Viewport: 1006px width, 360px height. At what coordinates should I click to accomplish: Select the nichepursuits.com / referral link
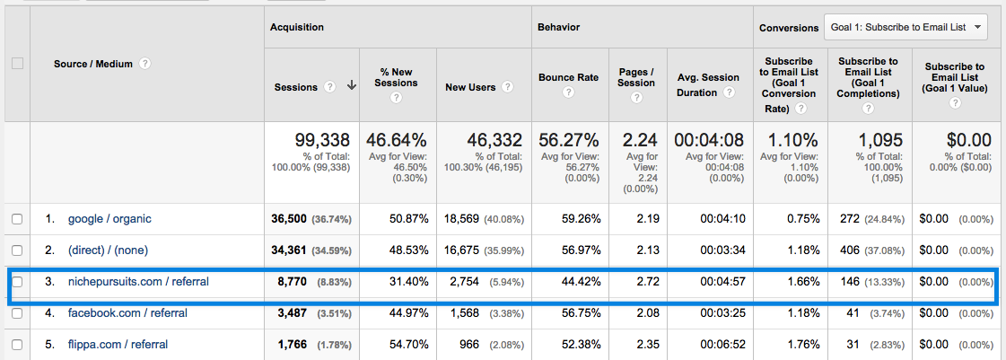[138, 282]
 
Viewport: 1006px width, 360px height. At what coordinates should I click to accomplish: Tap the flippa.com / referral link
[118, 344]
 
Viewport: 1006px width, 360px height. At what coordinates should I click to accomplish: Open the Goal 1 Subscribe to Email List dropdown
[905, 27]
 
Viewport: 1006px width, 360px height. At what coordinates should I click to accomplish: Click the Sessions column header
[295, 87]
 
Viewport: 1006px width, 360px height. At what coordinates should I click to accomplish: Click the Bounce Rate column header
[567, 77]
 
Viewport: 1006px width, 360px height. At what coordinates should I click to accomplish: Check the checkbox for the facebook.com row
[17, 313]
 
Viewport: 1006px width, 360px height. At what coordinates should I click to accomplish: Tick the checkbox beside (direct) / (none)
[17, 250]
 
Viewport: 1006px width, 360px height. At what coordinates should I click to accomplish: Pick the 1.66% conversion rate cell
[800, 282]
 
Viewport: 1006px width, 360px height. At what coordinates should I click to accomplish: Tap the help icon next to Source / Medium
[145, 64]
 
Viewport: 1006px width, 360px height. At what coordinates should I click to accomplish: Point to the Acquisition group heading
[297, 27]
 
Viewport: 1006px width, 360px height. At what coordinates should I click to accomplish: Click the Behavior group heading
[558, 27]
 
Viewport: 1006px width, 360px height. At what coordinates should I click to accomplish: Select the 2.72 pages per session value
[647, 282]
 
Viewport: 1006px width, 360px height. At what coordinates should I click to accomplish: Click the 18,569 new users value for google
[463, 219]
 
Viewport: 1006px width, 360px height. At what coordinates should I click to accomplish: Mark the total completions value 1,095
[880, 140]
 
